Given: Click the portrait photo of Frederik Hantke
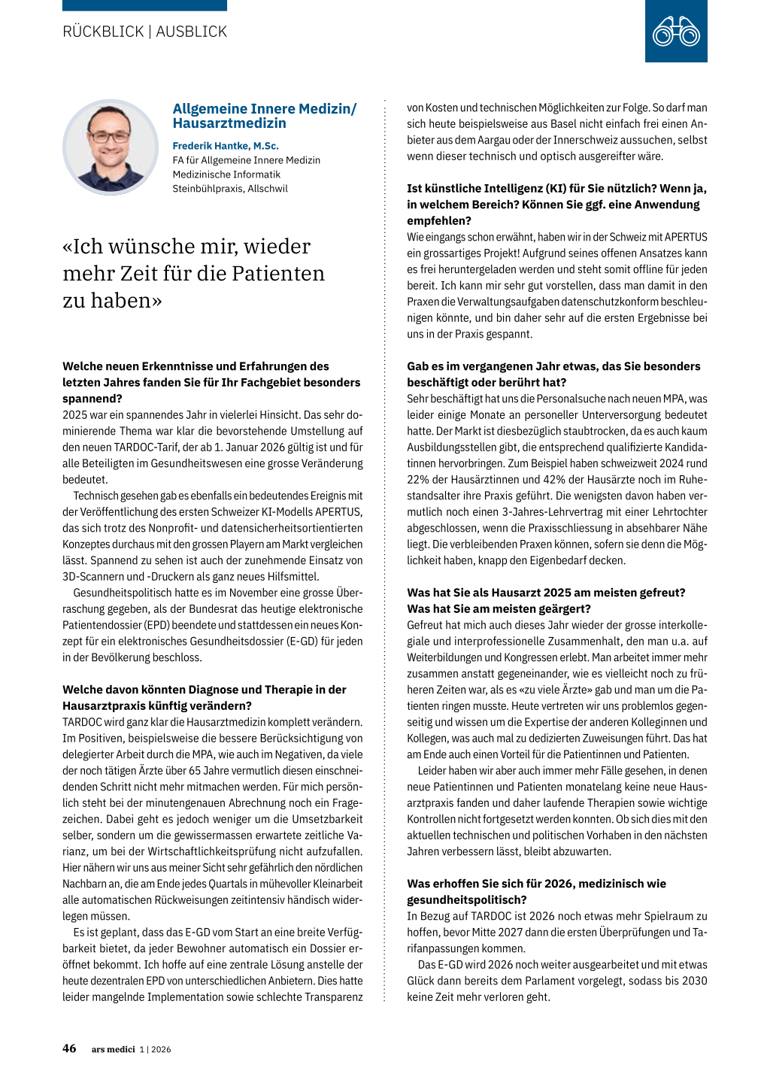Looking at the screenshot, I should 110,147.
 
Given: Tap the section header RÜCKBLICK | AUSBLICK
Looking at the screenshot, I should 144,32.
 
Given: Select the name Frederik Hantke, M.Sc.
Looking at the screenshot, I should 226,146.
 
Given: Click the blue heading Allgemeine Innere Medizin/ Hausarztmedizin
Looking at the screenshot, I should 265,116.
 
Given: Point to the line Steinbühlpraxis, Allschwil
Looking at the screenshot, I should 230,189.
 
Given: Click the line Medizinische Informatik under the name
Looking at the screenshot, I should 226,174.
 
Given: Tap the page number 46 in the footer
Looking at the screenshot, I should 69,1048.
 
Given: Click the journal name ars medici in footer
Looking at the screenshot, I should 113,1049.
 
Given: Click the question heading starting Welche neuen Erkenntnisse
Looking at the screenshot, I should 211,382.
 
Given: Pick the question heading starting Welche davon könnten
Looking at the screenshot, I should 205,697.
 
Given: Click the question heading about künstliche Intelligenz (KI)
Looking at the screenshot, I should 556,205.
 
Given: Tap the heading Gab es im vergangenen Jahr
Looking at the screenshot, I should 553,374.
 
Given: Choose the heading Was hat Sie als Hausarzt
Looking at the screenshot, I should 546,600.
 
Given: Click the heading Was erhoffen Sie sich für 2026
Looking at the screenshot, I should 536,891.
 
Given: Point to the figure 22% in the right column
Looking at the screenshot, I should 418,480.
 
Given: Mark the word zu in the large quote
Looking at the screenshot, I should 74,301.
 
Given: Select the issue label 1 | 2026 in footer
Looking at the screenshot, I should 155,1049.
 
